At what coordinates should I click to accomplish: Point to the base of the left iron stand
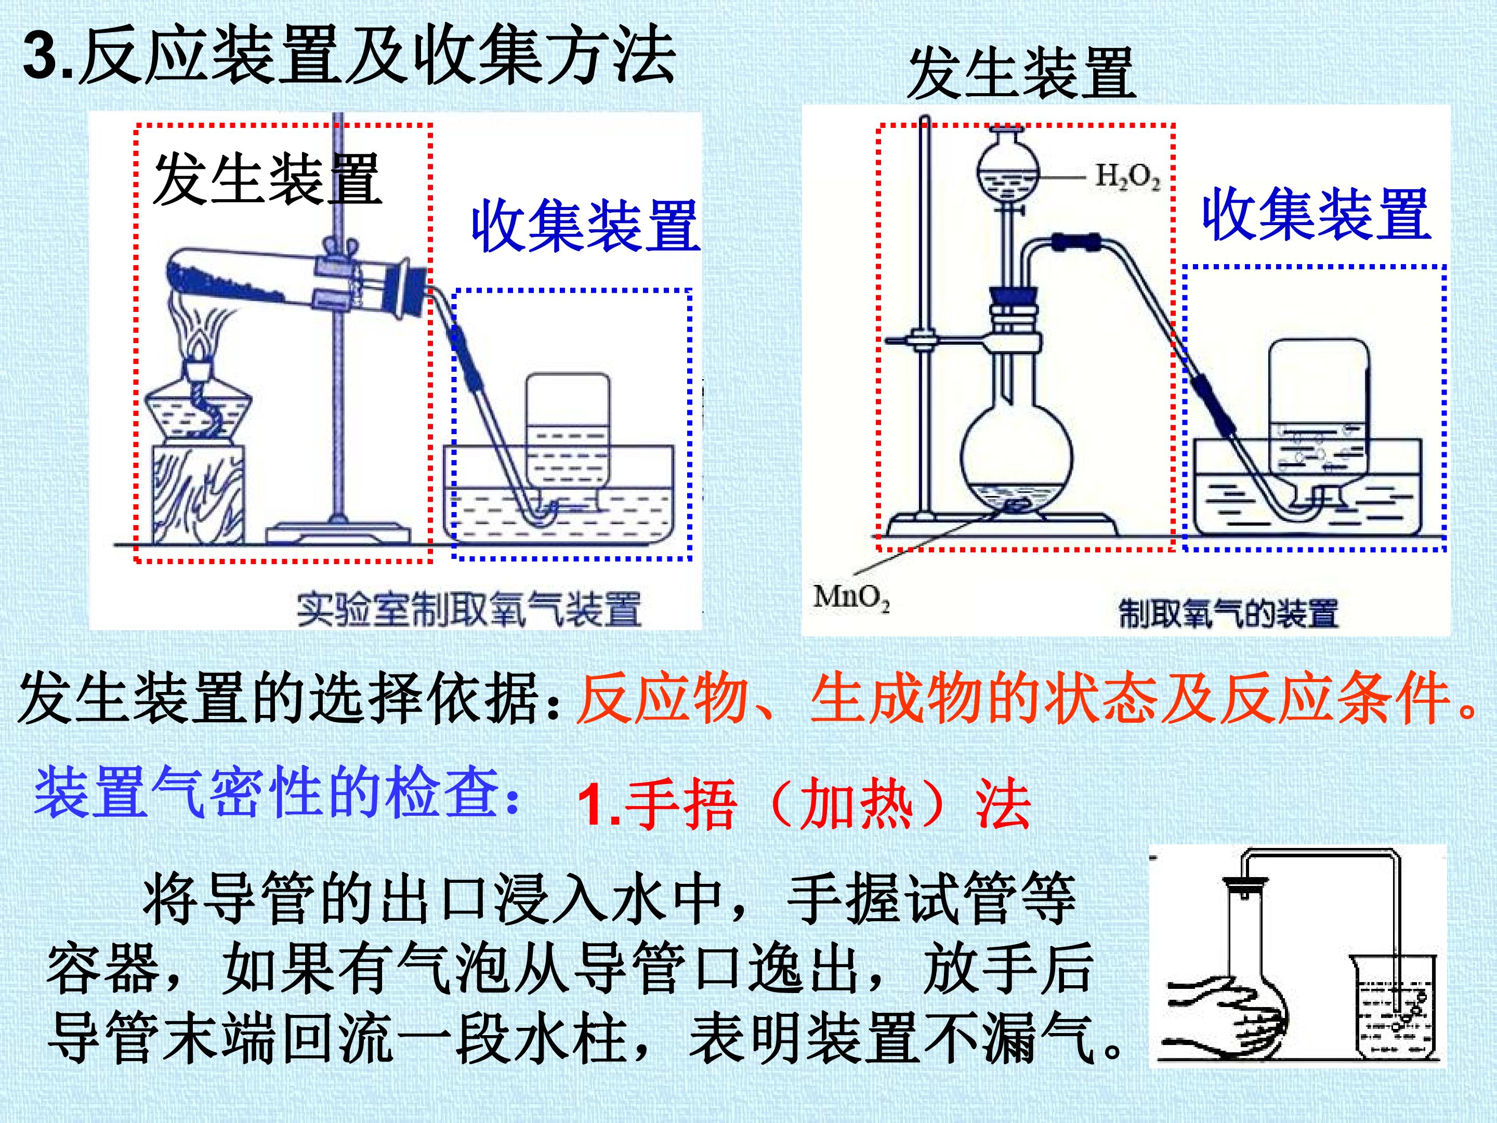(x=338, y=533)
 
